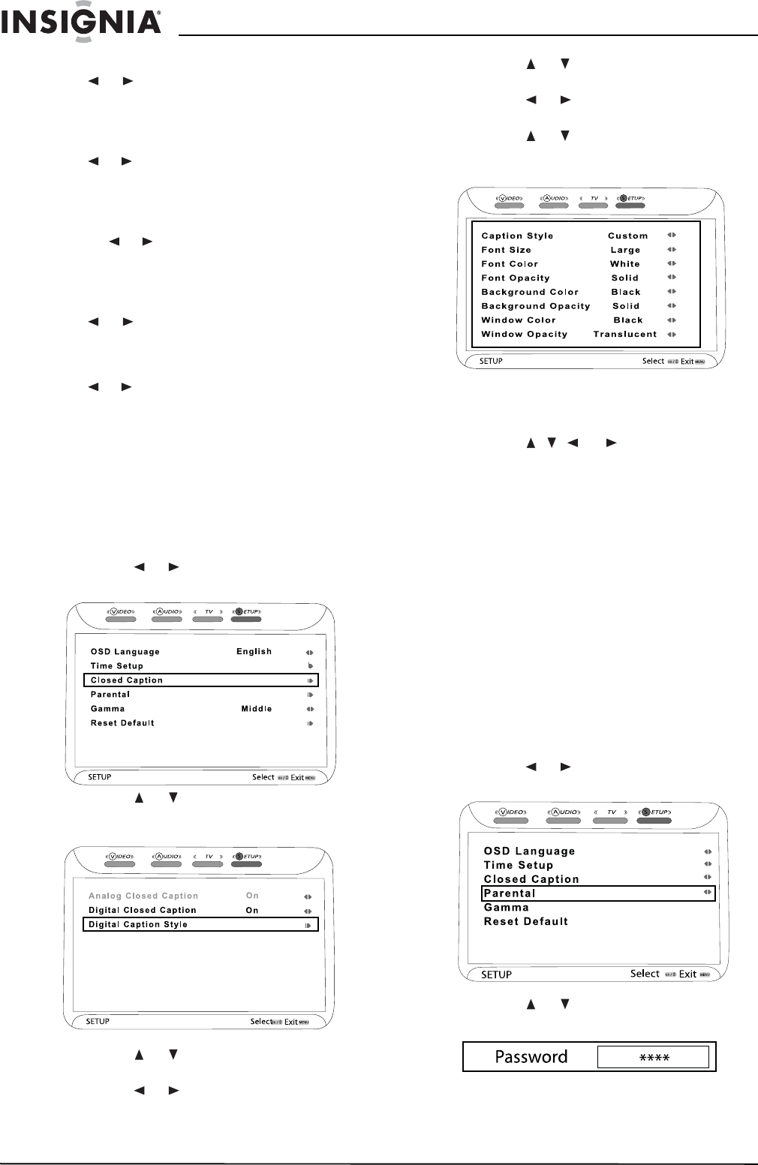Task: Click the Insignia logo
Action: (81, 22)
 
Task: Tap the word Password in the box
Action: (531, 1057)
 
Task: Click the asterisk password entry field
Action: (653, 1057)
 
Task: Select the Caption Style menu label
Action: (517, 236)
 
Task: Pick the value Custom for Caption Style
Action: (627, 236)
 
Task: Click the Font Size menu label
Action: (506, 250)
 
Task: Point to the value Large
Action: (625, 250)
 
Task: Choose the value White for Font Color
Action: (624, 264)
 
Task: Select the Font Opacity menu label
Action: (516, 278)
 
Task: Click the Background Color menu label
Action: (530, 292)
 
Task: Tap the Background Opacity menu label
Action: (536, 306)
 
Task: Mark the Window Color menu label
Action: (519, 320)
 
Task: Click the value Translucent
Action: (624, 335)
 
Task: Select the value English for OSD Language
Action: (254, 651)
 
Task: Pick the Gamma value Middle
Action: (256, 709)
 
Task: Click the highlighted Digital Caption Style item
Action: (138, 924)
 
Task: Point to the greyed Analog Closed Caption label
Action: (143, 896)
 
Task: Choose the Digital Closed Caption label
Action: (143, 910)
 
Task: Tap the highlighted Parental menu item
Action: (510, 893)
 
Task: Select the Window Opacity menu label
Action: (524, 335)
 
